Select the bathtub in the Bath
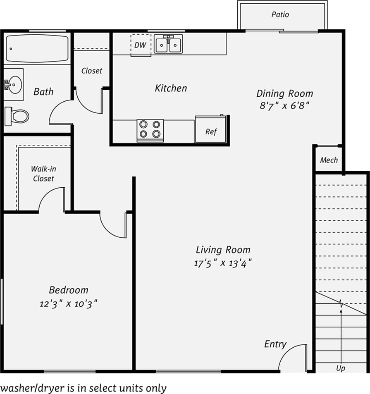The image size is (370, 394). [37, 48]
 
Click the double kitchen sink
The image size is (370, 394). [169, 44]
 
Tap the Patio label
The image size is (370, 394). [280, 14]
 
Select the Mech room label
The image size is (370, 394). [329, 160]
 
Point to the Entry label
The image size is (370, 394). [275, 344]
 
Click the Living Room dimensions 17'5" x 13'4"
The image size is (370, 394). [223, 263]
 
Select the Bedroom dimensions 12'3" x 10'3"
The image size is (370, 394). [69, 304]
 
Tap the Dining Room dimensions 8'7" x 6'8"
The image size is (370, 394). [284, 105]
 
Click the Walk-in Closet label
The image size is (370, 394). [43, 174]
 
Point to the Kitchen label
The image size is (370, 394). [171, 88]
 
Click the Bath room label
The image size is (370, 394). [43, 91]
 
